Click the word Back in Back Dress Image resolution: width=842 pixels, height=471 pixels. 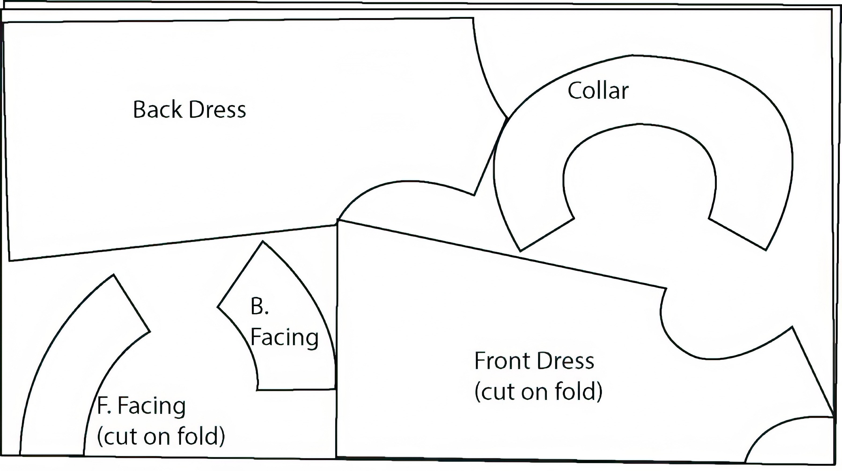[159, 110]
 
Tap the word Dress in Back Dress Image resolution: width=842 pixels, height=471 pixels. [217, 110]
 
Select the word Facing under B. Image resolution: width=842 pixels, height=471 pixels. [284, 337]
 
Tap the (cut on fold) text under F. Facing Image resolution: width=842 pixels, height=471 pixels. [161, 436]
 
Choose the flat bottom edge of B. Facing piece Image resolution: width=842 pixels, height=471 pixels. [296, 389]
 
